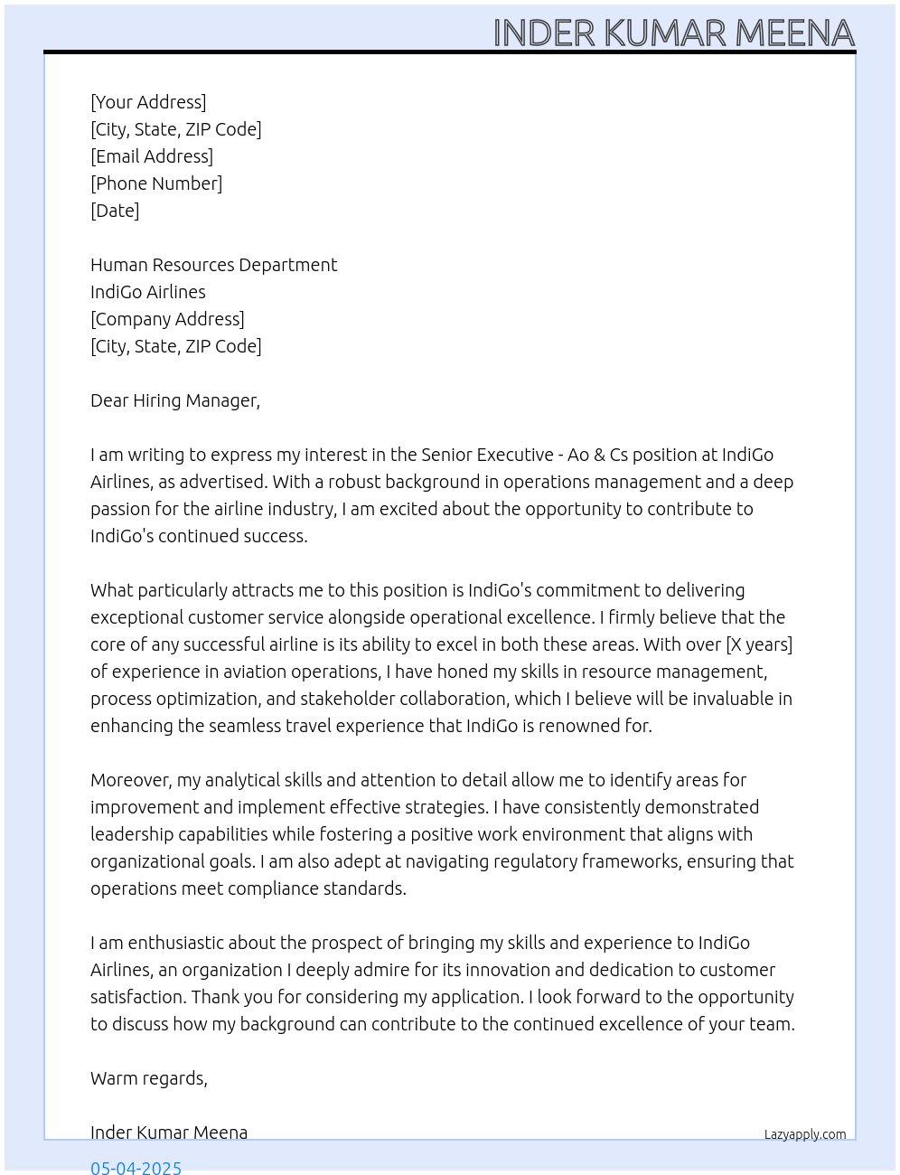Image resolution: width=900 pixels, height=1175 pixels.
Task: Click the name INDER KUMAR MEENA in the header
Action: [x=673, y=33]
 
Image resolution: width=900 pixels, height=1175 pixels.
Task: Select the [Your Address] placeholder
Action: [x=148, y=102]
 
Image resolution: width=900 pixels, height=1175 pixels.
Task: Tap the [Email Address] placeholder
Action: [x=152, y=156]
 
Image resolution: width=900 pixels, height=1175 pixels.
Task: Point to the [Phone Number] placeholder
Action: [x=156, y=183]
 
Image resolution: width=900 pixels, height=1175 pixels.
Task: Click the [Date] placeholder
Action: [x=115, y=211]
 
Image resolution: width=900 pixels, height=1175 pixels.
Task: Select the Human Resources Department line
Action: [x=213, y=265]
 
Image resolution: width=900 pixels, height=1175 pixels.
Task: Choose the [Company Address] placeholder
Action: [x=167, y=319]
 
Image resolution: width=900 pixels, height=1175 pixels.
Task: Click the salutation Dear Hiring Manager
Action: [x=174, y=400]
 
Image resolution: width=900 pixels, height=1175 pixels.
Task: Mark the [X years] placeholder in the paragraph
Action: [x=759, y=644]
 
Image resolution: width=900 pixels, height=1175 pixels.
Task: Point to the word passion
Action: [x=120, y=510]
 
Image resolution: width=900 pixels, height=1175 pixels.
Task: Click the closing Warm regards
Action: [x=148, y=1078]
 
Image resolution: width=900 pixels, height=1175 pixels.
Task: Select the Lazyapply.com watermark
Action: [x=805, y=1134]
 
